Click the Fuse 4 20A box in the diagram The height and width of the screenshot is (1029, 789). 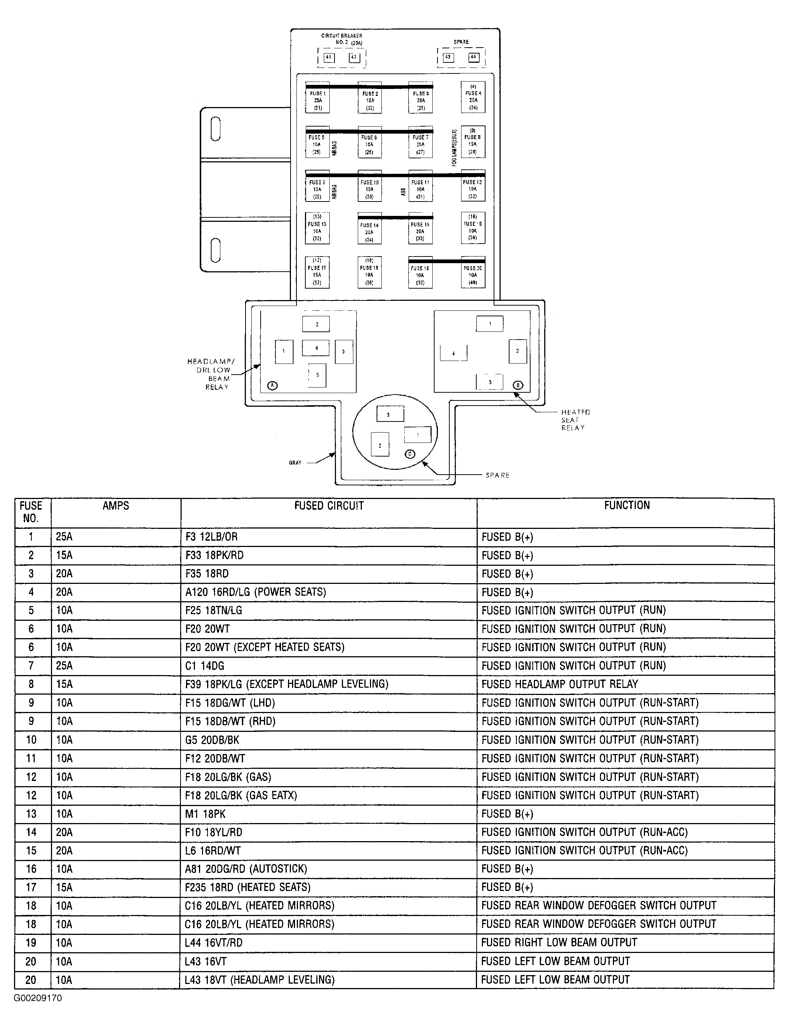click(x=473, y=97)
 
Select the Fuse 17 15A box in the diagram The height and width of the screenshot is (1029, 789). click(x=317, y=272)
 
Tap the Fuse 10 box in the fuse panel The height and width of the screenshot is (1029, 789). click(x=370, y=186)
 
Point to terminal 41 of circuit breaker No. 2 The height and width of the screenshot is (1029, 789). click(x=329, y=57)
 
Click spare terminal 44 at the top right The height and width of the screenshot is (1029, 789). click(x=473, y=57)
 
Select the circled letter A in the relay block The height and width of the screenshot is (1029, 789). click(x=272, y=385)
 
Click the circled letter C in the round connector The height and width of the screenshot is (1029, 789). click(x=410, y=454)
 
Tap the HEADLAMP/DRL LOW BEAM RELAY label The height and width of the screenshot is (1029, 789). click(x=211, y=374)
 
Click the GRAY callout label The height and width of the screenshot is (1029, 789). click(x=295, y=463)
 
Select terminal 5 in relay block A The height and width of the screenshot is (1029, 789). click(x=318, y=375)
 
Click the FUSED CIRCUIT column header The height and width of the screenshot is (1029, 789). click(x=329, y=506)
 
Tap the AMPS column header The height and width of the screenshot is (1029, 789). click(x=116, y=506)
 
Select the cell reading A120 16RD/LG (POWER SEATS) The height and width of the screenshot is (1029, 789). click(x=255, y=592)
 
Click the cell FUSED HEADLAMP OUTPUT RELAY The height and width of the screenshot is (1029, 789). click(x=560, y=684)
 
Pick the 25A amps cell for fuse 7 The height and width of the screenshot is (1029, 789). click(x=64, y=666)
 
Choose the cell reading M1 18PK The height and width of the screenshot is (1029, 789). click(x=205, y=813)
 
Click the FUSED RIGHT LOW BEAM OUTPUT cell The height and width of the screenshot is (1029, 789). click(x=559, y=942)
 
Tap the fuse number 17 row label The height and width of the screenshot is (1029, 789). click(x=31, y=887)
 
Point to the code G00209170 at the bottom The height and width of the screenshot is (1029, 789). click(x=38, y=998)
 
